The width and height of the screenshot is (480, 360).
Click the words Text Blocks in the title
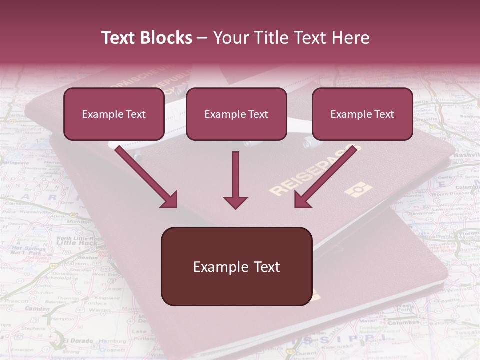146,38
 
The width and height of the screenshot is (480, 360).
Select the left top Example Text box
114,114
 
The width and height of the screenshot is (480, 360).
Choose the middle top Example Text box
236,114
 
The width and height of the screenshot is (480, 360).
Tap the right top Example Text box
362,114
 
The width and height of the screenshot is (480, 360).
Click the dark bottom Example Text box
236,267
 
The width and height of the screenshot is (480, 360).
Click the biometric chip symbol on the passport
359,190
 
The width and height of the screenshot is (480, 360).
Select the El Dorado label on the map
78,341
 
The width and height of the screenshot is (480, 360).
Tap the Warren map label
100,310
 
